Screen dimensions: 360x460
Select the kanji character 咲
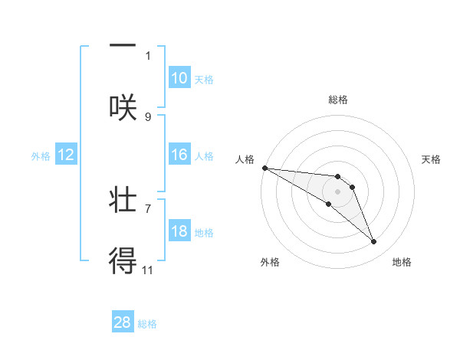[123, 106]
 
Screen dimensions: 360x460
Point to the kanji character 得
[123, 261]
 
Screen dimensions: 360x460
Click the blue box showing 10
[179, 78]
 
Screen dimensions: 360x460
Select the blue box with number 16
[179, 155]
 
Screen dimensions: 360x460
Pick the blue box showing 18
[179, 231]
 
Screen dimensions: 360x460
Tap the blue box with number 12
[66, 155]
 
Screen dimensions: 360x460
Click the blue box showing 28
[123, 322]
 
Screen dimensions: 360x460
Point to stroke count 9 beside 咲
[148, 116]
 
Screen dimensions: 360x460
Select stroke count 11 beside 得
[148, 270]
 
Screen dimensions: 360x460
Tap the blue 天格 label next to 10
[203, 79]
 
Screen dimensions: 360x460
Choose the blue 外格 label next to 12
[41, 155]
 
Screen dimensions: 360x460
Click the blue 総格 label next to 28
[147, 323]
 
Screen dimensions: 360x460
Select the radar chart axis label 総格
[338, 100]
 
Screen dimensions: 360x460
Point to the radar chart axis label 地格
[402, 262]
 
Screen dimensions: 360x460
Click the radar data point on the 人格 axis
[264, 167]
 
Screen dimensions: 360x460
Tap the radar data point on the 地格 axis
[374, 242]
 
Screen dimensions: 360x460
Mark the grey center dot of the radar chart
[337, 191]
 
